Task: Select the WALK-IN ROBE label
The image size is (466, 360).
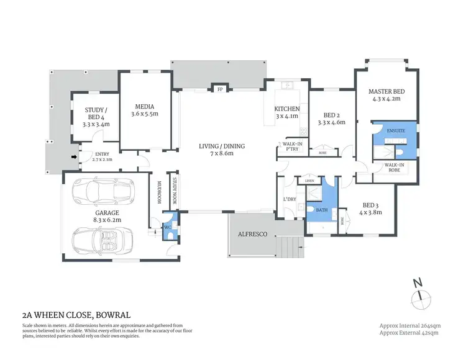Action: coord(394,168)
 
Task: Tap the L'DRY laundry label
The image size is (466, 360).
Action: coord(288,199)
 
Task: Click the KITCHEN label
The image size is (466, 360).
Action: coord(287,110)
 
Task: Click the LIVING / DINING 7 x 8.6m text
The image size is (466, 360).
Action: coord(222,150)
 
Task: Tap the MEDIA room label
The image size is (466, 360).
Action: coord(145,107)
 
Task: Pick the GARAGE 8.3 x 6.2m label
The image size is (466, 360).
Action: coord(90,216)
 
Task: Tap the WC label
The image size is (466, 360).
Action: coord(168,227)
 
